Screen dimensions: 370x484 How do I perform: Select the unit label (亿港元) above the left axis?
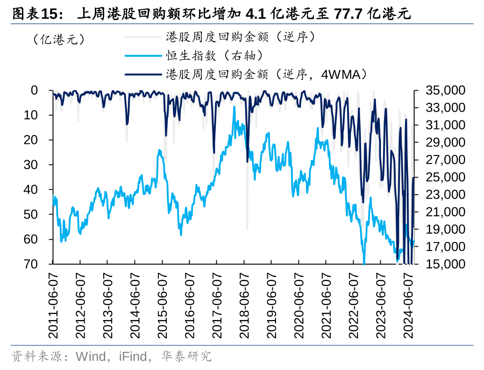(59, 39)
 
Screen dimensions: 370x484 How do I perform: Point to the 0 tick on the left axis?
(34, 90)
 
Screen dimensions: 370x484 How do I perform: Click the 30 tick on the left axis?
(31, 164)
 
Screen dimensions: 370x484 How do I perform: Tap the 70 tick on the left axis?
(31, 264)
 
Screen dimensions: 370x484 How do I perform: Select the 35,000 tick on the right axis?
(445, 90)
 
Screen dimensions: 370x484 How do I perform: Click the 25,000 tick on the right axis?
(445, 177)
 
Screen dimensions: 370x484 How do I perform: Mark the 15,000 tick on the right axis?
(445, 264)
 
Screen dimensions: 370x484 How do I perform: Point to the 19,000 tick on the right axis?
(445, 229)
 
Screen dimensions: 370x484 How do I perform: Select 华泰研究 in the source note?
(186, 357)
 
